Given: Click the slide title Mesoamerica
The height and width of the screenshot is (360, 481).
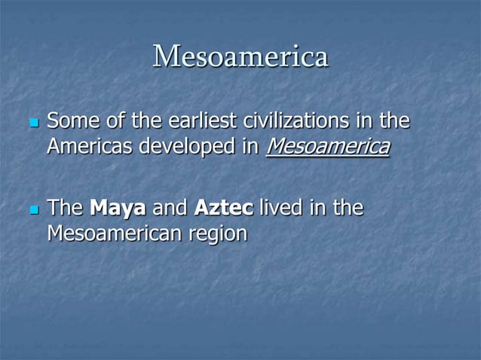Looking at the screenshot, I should point(240,57).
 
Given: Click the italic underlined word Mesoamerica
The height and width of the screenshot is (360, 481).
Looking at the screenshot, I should point(328,146).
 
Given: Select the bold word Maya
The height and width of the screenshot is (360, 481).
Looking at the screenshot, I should point(117,207).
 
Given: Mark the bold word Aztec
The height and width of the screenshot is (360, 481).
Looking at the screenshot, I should point(223,207).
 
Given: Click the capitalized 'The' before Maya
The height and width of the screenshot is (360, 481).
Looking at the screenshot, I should point(65,207).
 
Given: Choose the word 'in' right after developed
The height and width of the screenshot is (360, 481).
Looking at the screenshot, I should point(248,146).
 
